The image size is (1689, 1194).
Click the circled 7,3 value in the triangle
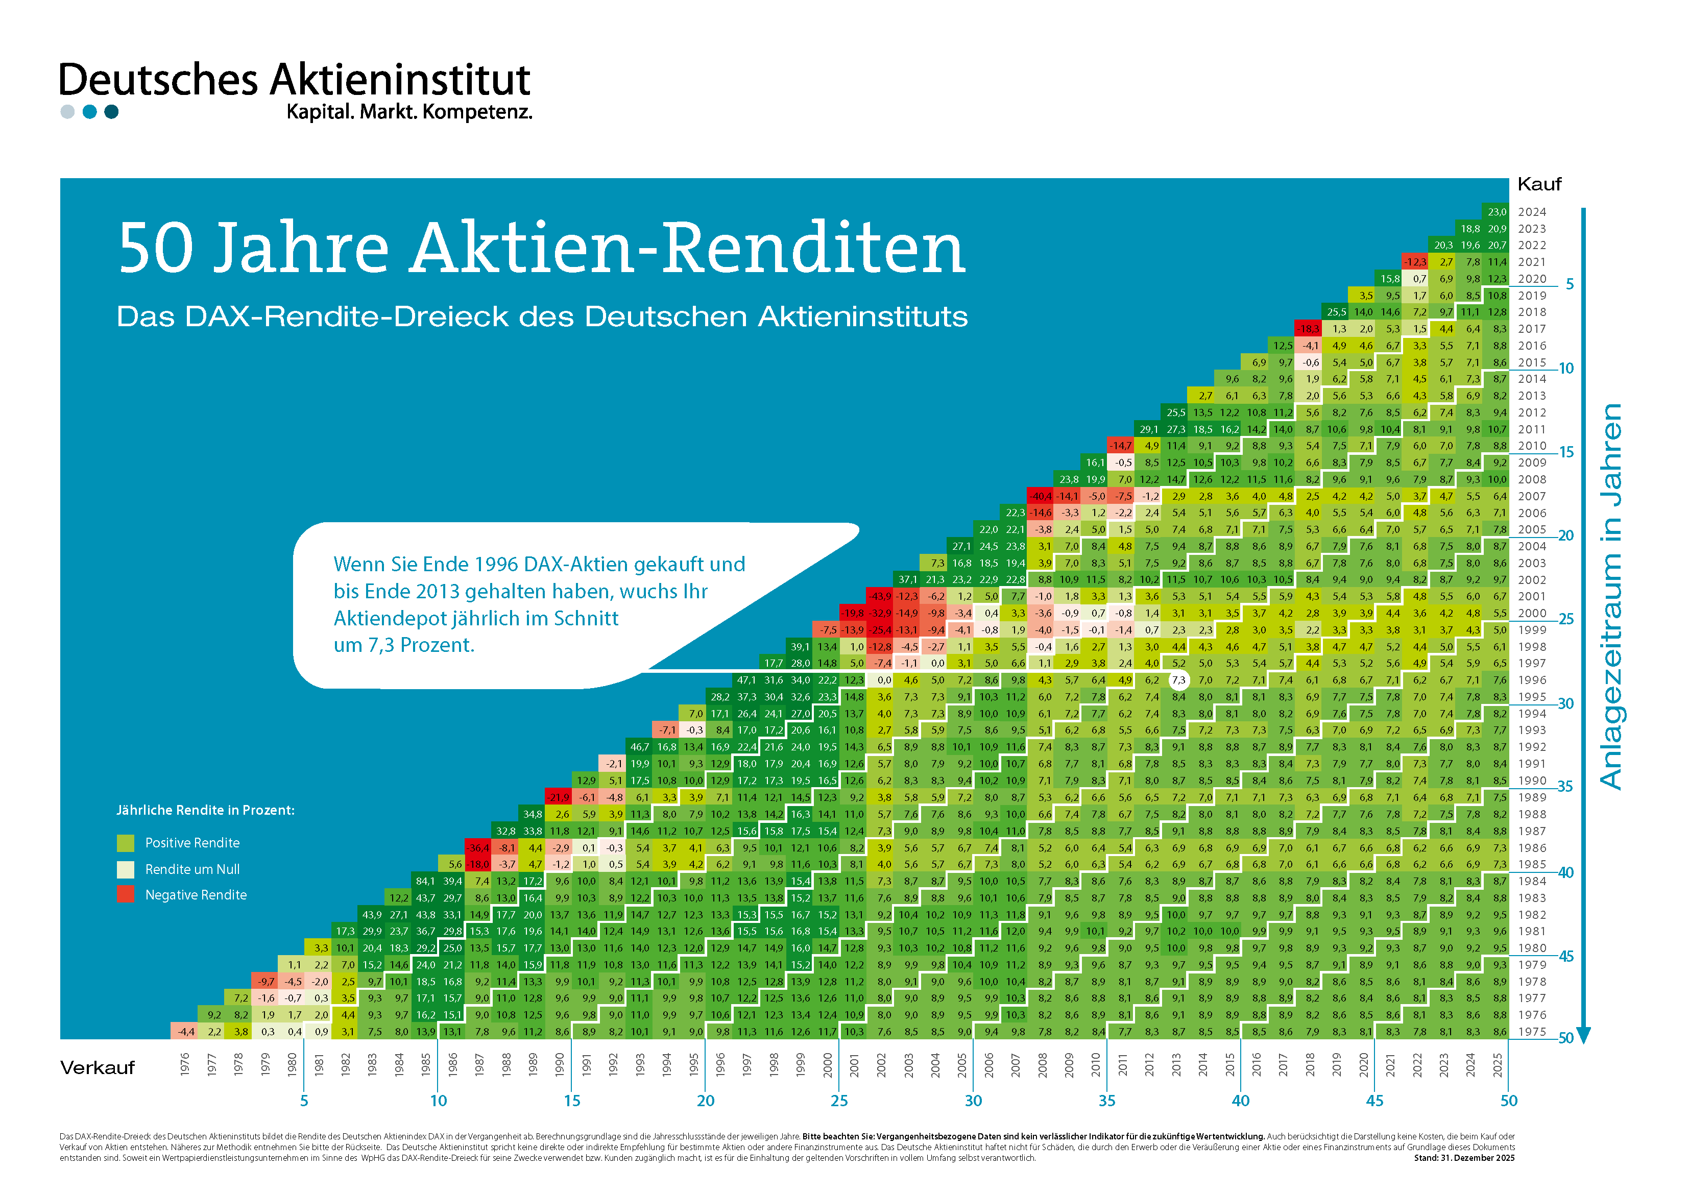coord(1178,680)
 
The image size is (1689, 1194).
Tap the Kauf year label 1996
coord(1532,680)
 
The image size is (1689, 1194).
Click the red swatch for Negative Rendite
coord(126,894)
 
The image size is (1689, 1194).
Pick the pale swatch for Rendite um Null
coord(126,869)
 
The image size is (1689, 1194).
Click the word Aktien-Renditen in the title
coord(688,249)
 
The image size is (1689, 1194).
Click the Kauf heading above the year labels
coord(1539,184)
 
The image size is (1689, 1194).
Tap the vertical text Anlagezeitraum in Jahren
coord(1611,596)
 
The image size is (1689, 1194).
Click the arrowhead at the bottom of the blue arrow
coord(1584,1036)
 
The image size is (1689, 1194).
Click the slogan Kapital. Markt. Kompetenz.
coord(409,112)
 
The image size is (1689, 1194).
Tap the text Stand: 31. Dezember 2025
coord(1464,1158)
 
